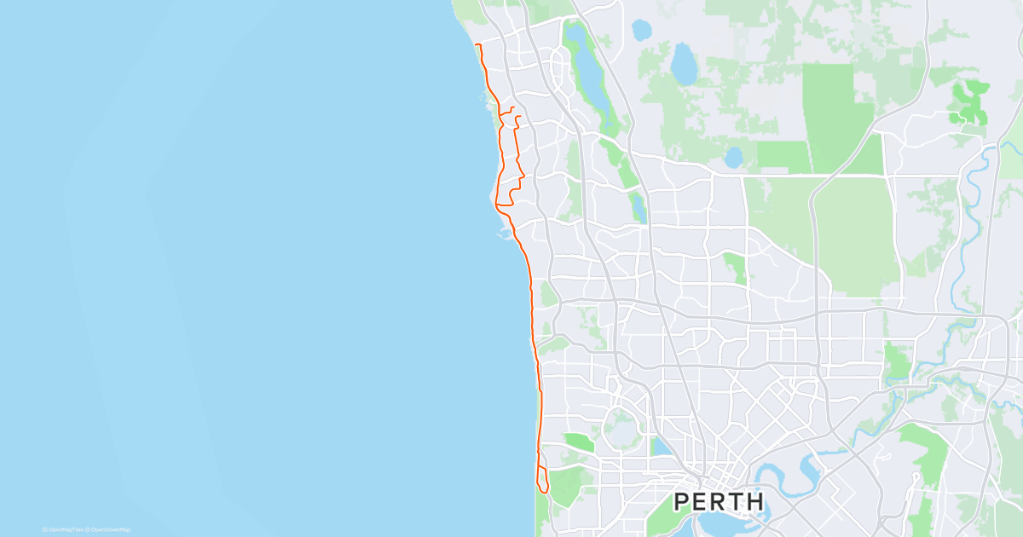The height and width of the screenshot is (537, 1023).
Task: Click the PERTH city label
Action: pos(720,501)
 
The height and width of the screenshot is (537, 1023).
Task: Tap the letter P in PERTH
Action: pos(682,501)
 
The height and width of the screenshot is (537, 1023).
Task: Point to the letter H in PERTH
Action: pos(755,501)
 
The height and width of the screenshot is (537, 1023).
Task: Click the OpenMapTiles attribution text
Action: pos(66,529)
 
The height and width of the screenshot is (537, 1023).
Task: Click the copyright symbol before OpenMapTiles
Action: pos(45,529)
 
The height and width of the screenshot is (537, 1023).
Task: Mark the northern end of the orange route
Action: pos(475,44)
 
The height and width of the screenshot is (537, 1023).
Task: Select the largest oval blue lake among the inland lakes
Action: pos(683,63)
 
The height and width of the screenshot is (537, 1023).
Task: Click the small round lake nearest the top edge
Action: pos(640,30)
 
